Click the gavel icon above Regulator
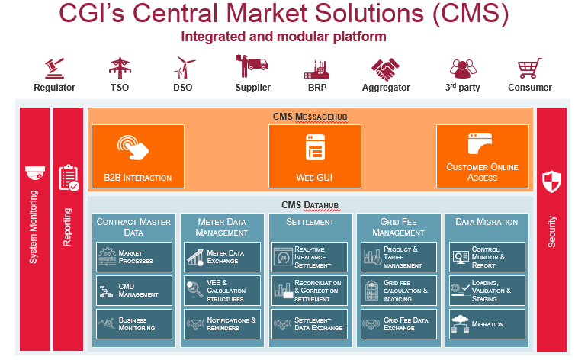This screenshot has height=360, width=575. (x=54, y=67)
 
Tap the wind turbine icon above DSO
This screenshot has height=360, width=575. (x=183, y=67)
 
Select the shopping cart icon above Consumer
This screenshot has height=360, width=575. (x=529, y=69)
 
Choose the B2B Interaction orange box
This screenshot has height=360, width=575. (x=138, y=156)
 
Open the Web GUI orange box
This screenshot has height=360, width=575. (x=314, y=156)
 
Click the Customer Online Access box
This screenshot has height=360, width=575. (x=483, y=156)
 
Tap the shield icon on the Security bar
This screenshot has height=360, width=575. (x=551, y=182)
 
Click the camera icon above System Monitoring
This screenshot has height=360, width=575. (x=35, y=173)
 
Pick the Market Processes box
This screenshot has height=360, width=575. (x=135, y=256)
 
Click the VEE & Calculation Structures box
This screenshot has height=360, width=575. (x=222, y=290)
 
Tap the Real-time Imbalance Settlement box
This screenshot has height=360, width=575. (x=310, y=256)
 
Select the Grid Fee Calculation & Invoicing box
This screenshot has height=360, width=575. (x=398, y=290)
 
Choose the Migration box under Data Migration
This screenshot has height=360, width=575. (x=487, y=323)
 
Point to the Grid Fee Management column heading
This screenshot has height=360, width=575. (x=398, y=227)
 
